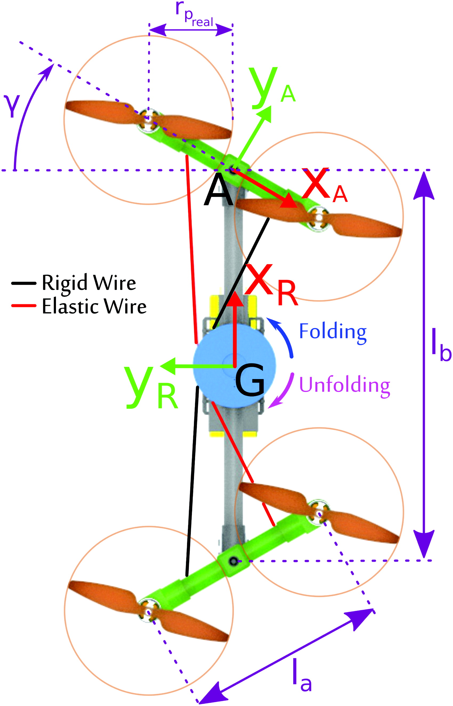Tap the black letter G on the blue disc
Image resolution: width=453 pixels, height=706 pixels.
point(250,380)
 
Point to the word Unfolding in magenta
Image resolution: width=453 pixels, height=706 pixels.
point(345,386)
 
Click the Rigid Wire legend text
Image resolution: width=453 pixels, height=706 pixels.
point(89,283)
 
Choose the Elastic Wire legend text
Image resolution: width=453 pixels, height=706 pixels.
point(94,307)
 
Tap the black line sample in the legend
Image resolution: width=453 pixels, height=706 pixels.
point(23,283)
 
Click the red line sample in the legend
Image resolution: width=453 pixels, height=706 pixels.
point(23,306)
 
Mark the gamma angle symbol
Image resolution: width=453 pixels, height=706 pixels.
point(12,107)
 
